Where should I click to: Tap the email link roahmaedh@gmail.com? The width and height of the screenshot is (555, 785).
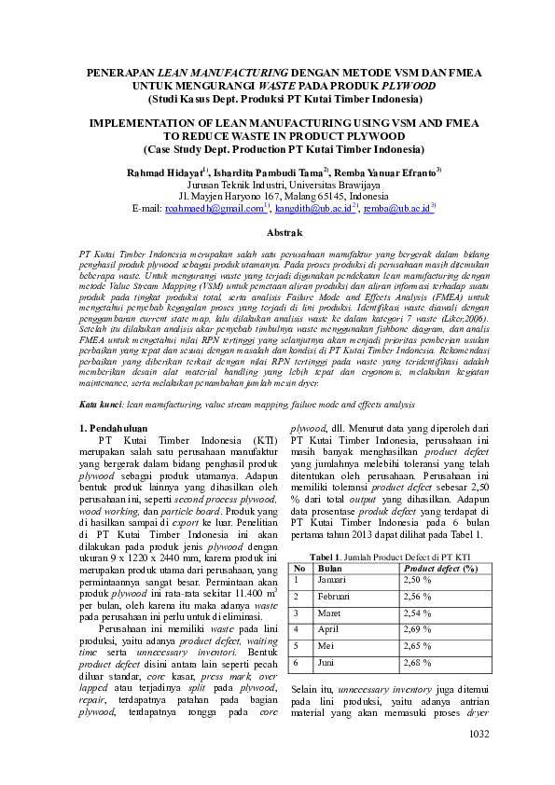(x=214, y=209)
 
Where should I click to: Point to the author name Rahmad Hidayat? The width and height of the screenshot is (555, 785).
(x=165, y=172)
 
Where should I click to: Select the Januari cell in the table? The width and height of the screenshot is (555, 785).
(x=335, y=579)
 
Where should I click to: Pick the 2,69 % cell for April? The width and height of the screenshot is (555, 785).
(x=421, y=629)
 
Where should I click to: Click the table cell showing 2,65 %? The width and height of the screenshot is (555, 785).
(x=421, y=646)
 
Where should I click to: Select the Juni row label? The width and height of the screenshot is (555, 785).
(x=328, y=663)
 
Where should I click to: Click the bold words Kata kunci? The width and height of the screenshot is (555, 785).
(x=100, y=405)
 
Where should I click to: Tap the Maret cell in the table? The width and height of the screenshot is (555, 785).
(x=331, y=613)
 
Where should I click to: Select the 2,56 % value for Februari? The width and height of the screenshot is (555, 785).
(x=421, y=596)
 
